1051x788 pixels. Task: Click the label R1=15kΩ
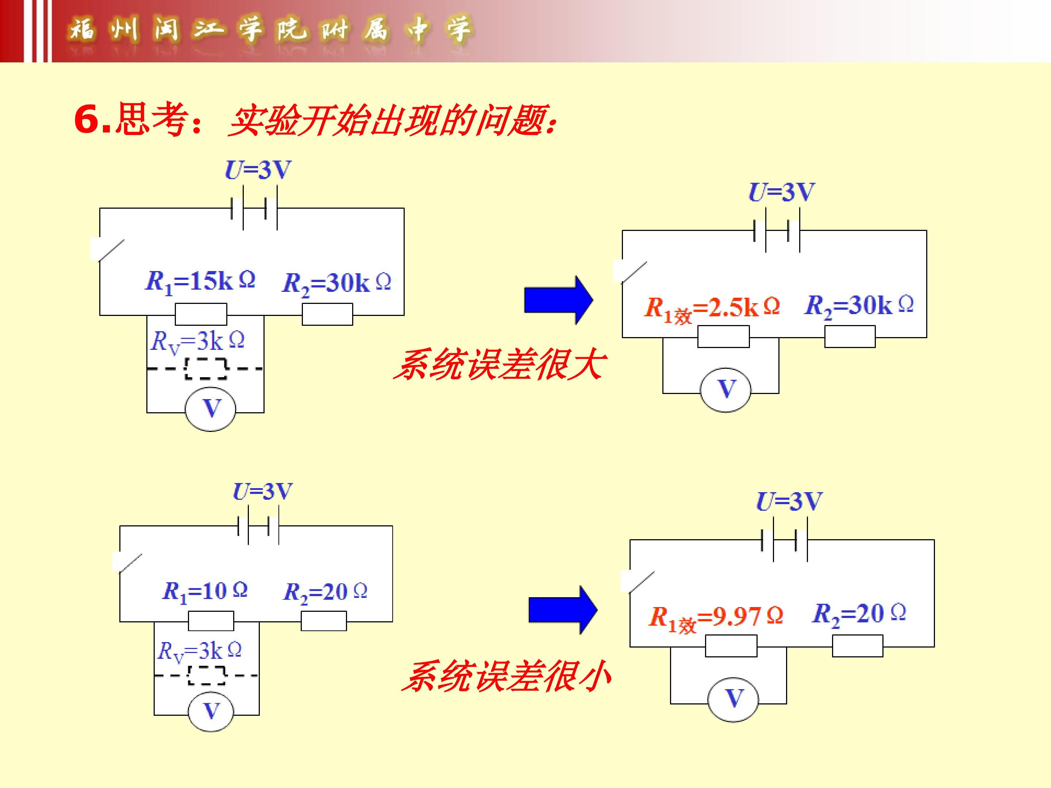click(200, 282)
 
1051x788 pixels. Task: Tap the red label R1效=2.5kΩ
click(712, 309)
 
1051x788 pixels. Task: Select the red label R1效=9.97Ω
click(716, 619)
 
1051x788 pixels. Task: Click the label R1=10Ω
click(205, 592)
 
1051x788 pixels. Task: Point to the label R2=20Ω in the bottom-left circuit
click(326, 592)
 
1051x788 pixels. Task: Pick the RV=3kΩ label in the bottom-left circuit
click(199, 651)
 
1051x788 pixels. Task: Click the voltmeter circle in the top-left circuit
click(211, 409)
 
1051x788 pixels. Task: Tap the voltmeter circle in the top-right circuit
click(725, 390)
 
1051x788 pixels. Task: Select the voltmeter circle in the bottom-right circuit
click(733, 700)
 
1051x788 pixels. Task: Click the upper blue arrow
click(558, 300)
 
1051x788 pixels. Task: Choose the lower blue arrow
click(563, 610)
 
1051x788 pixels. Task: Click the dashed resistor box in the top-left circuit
click(206, 368)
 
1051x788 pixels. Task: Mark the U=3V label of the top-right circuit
click(782, 192)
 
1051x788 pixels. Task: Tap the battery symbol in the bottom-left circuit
click(258, 526)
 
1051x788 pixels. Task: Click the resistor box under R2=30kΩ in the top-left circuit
click(327, 314)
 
